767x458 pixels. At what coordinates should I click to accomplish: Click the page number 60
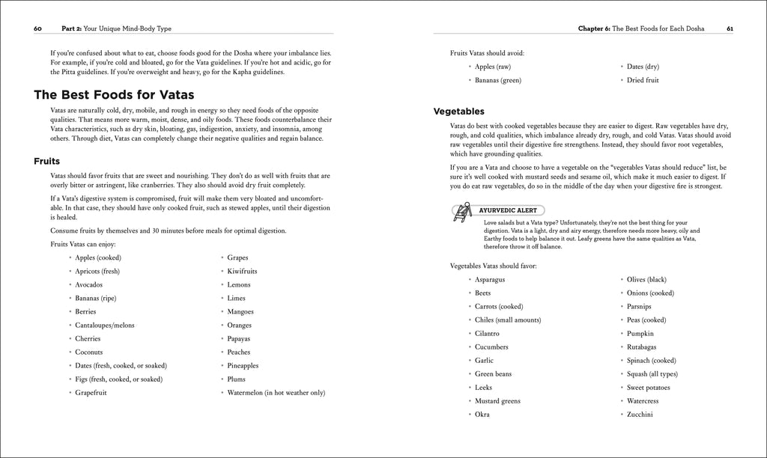point(37,28)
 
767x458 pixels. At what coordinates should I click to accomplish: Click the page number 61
point(730,28)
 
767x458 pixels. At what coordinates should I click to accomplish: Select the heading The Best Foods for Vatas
point(114,94)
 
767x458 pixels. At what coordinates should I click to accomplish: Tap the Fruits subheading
point(47,161)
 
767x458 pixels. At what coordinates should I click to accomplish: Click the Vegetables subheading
point(458,112)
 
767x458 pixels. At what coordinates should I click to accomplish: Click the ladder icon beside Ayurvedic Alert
point(461,213)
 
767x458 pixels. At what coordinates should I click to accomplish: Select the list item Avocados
point(89,284)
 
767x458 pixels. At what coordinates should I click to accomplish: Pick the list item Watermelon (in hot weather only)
point(276,392)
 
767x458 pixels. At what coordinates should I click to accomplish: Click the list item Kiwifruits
point(242,271)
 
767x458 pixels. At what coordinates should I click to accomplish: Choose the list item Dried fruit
point(643,80)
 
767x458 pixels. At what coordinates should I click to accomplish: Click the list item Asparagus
point(490,279)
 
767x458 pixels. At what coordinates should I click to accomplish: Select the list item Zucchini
point(640,414)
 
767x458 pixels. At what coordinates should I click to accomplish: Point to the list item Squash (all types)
point(652,373)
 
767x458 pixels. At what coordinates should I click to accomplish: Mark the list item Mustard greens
point(497,400)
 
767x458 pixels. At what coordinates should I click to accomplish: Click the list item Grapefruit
point(91,392)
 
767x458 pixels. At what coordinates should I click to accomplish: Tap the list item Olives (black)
point(646,279)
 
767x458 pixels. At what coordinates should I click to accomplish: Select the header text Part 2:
point(73,28)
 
